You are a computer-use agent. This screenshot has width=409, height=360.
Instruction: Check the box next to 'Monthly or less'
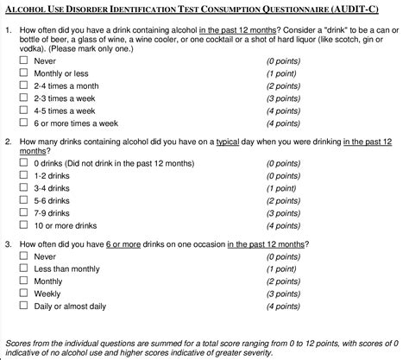click(x=23, y=74)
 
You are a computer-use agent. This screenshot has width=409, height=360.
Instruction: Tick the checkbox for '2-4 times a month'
click(x=23, y=86)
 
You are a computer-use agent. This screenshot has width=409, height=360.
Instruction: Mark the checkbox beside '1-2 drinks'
click(x=23, y=174)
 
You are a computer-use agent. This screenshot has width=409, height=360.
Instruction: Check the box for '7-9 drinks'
click(x=23, y=212)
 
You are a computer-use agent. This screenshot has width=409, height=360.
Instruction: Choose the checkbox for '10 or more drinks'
click(x=23, y=225)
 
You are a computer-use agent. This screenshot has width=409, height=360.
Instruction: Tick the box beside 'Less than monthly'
click(x=23, y=268)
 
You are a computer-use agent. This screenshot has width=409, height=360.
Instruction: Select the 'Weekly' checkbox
click(x=23, y=294)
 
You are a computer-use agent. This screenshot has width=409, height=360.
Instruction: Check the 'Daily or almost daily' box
click(x=23, y=306)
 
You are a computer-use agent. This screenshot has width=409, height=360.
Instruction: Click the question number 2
click(x=8, y=141)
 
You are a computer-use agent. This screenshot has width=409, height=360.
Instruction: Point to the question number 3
click(x=8, y=244)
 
